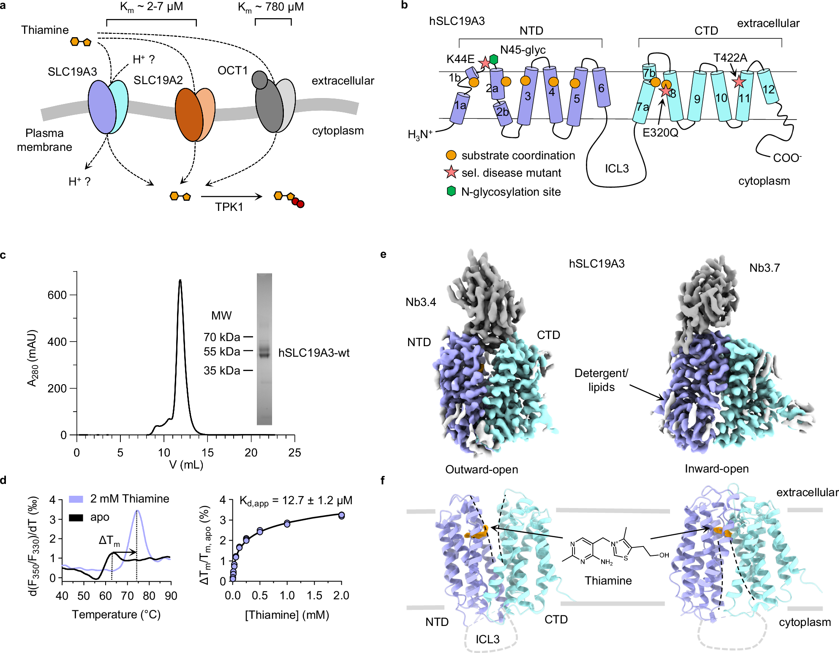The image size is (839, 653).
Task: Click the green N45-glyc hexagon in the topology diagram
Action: pos(493,60)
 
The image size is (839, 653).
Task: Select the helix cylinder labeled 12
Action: pos(768,87)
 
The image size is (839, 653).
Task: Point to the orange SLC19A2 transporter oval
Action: pos(189,115)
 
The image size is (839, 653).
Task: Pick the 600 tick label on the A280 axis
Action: pos(57,295)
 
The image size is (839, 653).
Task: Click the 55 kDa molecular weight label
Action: pos(222,352)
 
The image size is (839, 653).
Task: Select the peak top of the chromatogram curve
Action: pos(180,280)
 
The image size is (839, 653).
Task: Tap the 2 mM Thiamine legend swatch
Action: pos(76,499)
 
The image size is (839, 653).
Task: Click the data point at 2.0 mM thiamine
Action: pos(341,515)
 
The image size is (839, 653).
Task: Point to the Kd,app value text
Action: pos(296,501)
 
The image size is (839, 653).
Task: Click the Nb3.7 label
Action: pos(765,268)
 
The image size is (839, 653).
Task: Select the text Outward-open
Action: pos(482,470)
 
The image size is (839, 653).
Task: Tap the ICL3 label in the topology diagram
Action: pos(617,169)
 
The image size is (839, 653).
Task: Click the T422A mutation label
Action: pos(730,58)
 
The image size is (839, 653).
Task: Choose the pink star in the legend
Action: pos(451,172)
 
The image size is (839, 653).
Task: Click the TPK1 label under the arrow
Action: pos(229,207)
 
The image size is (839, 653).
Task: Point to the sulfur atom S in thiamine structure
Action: pos(626,558)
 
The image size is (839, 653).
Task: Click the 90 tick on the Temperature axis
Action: pos(171,596)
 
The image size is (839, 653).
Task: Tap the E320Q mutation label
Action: pos(660,133)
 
